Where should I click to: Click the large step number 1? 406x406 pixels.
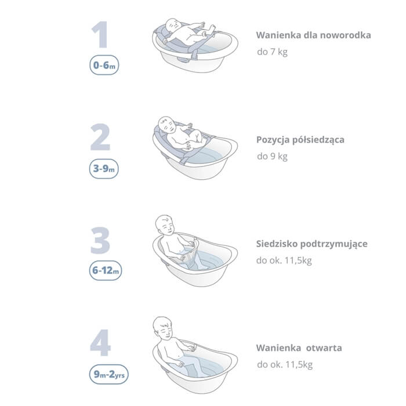pos(100,35)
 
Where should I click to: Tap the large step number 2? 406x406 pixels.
pos(100,137)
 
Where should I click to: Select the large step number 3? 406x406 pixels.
pos(100,240)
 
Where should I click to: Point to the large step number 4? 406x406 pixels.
pos(100,343)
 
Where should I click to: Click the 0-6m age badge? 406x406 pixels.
pos(104,65)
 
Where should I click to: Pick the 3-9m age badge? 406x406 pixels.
pos(104,169)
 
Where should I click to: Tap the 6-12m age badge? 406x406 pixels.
pos(106,270)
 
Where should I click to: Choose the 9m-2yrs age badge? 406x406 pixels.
pos(109,374)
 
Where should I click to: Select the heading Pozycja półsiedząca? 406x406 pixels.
pos(300,140)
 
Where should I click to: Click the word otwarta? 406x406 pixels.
pos(324,348)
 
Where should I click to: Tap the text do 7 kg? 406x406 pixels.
pos(272,52)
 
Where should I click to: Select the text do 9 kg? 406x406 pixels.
pos(272,157)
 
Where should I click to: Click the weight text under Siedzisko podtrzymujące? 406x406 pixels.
pos(284,260)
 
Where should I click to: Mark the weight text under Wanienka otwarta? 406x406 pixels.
pos(285,365)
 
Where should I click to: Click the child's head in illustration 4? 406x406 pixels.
pos(162,327)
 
